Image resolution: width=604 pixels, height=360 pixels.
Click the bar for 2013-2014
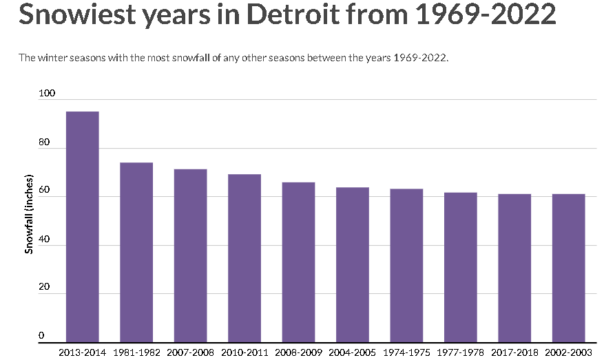pyautogui.click(x=82, y=226)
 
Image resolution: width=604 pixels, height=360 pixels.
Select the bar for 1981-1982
pyautogui.click(x=136, y=252)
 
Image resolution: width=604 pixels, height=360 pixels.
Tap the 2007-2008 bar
pyautogui.click(x=190, y=255)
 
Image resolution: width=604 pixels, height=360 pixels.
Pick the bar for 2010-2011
pyautogui.click(x=244, y=258)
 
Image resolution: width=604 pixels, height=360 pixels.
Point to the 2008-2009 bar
pyautogui.click(x=298, y=262)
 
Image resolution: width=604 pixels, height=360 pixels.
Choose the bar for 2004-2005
pyautogui.click(x=353, y=264)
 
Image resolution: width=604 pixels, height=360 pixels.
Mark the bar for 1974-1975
pyautogui.click(x=406, y=265)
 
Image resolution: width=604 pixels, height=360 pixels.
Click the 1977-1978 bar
pyautogui.click(x=461, y=267)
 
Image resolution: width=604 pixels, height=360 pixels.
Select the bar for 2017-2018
pyautogui.click(x=514, y=268)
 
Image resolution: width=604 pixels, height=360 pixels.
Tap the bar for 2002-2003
pyautogui.click(x=569, y=268)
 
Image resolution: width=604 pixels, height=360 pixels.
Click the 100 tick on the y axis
pyautogui.click(x=44, y=93)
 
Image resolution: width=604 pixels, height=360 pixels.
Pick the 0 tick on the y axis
pyautogui.click(x=41, y=336)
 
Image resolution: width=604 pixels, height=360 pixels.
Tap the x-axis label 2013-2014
pyautogui.click(x=82, y=352)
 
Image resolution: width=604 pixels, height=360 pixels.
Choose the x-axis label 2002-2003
pyautogui.click(x=569, y=352)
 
